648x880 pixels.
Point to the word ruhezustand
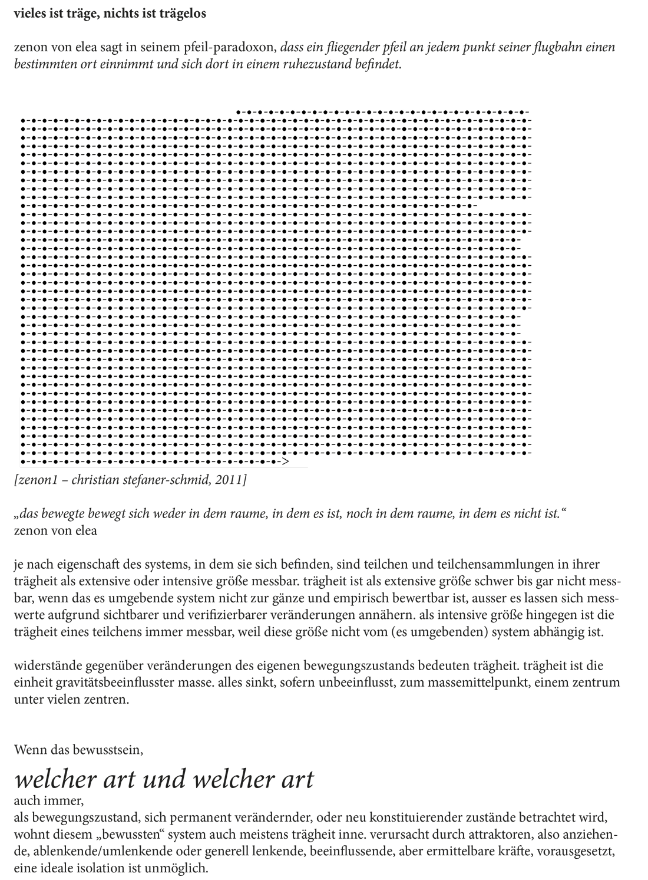(x=320, y=64)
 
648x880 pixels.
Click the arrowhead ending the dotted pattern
(x=285, y=462)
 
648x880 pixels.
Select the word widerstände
(x=45, y=666)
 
